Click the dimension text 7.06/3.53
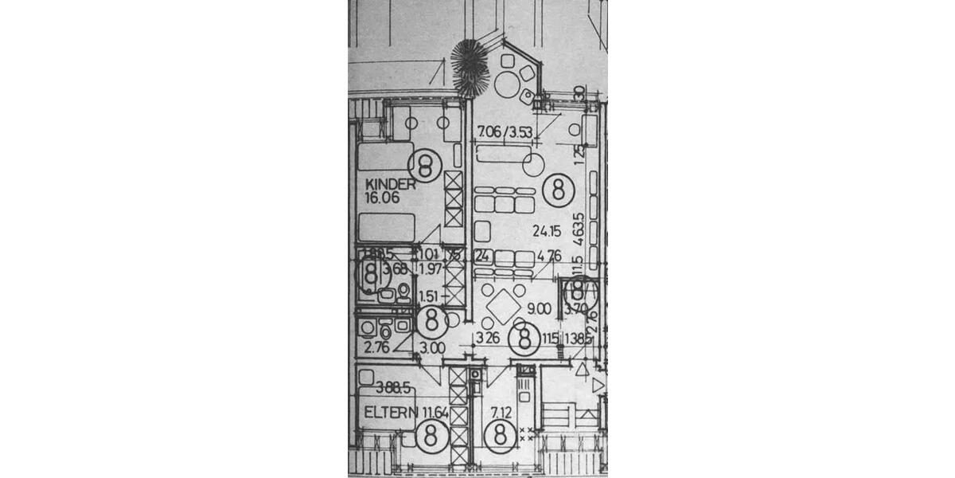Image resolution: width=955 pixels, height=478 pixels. (x=505, y=132)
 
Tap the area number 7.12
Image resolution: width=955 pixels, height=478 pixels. (x=501, y=412)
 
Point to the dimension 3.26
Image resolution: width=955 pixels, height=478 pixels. (x=488, y=337)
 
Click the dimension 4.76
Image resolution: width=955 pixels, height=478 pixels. (x=550, y=257)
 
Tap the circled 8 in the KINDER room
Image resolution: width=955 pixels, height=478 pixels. (x=424, y=167)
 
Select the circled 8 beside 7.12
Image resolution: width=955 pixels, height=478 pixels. (x=500, y=437)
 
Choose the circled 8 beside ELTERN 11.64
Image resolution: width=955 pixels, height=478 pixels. (x=431, y=437)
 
